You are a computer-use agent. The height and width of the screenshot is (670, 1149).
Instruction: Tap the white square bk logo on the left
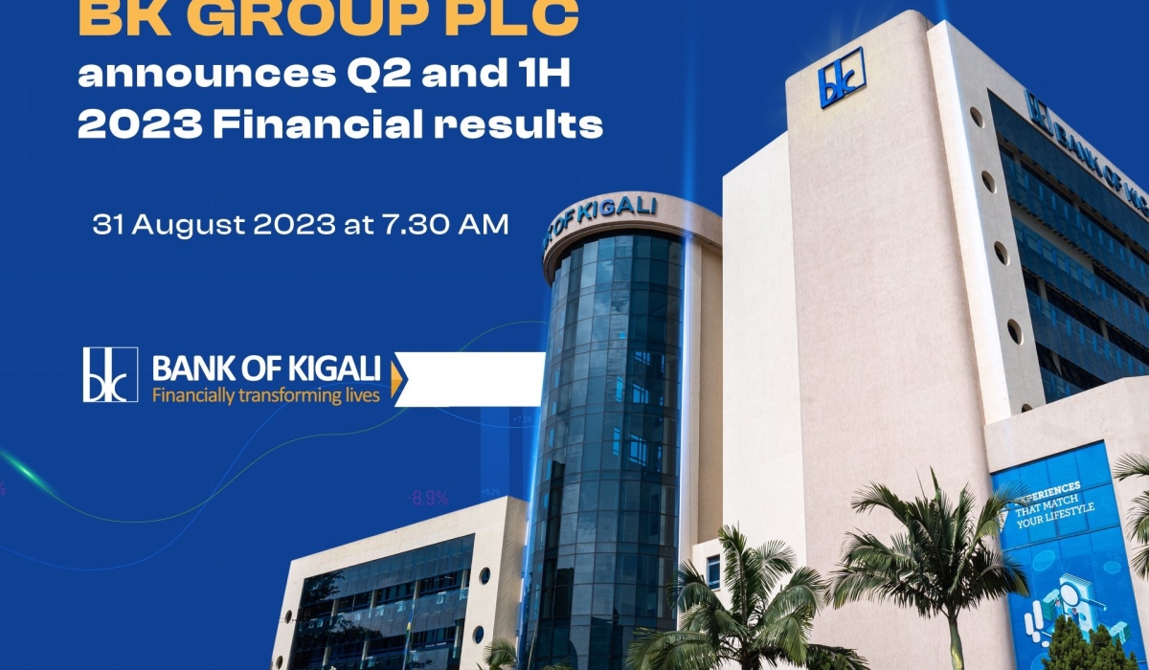110,374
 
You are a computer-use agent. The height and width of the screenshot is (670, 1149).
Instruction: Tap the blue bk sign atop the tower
842,77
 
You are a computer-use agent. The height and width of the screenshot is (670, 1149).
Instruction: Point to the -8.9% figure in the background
427,499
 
